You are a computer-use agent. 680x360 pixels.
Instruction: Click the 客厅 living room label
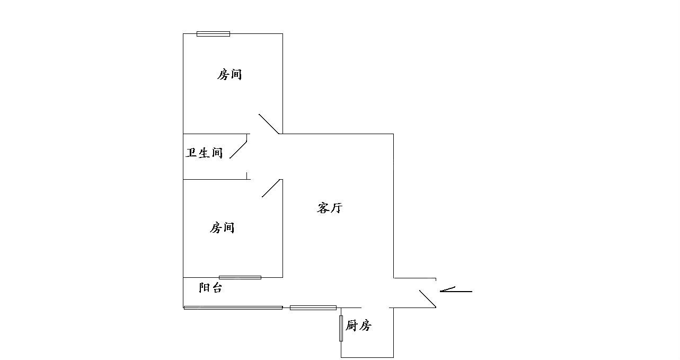pos(330,208)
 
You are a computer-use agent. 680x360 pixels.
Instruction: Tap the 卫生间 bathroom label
pos(205,153)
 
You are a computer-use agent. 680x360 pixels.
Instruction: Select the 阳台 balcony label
pos(210,288)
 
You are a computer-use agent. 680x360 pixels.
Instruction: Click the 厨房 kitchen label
pos(358,326)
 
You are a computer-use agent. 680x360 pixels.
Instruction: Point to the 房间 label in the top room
pos(229,75)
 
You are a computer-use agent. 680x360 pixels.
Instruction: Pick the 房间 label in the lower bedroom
pos(223,228)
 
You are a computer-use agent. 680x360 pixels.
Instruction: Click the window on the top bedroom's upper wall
pos(213,34)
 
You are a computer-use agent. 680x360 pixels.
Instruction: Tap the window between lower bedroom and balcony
pos(240,277)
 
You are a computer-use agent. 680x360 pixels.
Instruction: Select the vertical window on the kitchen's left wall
pos(341,328)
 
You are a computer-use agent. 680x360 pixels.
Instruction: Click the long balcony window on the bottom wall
pos(233,308)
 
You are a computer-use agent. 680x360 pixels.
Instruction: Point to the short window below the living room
pos(313,308)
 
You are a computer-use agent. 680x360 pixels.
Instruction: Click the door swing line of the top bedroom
pos(269,124)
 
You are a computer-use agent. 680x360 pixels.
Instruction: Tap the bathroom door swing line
pos(239,147)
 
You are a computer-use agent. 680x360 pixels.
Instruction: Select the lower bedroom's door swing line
pos(271,188)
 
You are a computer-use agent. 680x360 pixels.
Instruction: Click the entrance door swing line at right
pos(428,299)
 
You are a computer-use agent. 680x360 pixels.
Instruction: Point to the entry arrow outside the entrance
pos(456,290)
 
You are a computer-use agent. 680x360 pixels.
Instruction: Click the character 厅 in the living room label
pos(337,208)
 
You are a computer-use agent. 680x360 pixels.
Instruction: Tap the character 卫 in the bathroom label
pos(192,153)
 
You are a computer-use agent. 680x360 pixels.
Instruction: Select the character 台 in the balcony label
pos(217,288)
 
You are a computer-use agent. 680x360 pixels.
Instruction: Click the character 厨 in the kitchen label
pos(351,326)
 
